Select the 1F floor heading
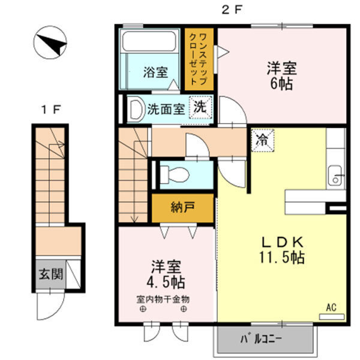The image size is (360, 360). click(x=50, y=110)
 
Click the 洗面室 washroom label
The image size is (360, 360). click(x=166, y=110)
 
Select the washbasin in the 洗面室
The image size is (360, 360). click(x=134, y=109)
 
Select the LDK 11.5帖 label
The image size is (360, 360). click(x=281, y=250)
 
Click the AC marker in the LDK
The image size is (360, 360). click(x=331, y=308)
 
